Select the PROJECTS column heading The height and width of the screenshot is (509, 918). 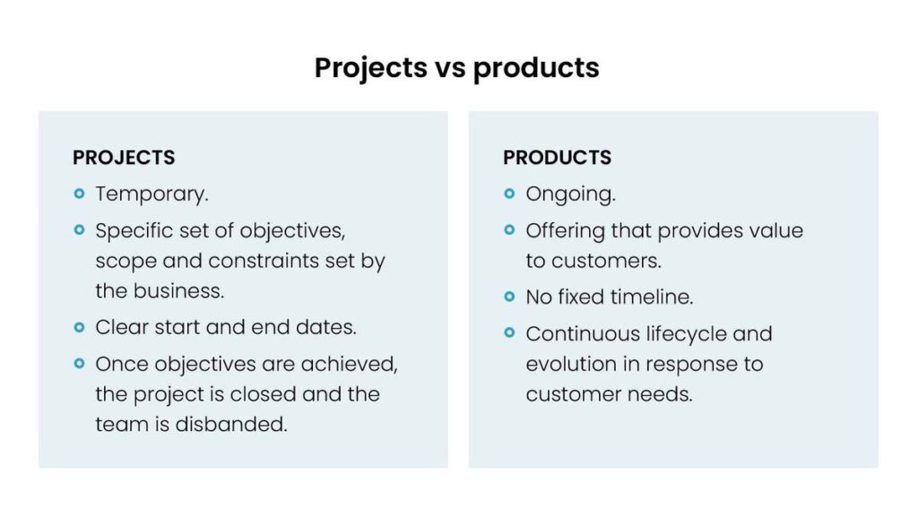click(124, 158)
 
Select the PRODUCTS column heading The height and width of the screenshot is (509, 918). click(557, 158)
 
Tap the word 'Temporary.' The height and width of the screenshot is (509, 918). click(152, 194)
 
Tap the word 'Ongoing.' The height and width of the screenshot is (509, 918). click(570, 194)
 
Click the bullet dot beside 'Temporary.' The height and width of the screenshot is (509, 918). click(80, 194)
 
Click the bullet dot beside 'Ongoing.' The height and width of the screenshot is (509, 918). click(509, 194)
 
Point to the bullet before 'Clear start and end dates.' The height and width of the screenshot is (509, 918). click(80, 327)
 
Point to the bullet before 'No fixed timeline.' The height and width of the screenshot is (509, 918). click(509, 297)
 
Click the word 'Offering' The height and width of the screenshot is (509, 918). click(564, 231)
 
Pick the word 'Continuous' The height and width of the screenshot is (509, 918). click(582, 334)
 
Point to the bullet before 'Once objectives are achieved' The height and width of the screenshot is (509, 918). click(80, 364)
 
